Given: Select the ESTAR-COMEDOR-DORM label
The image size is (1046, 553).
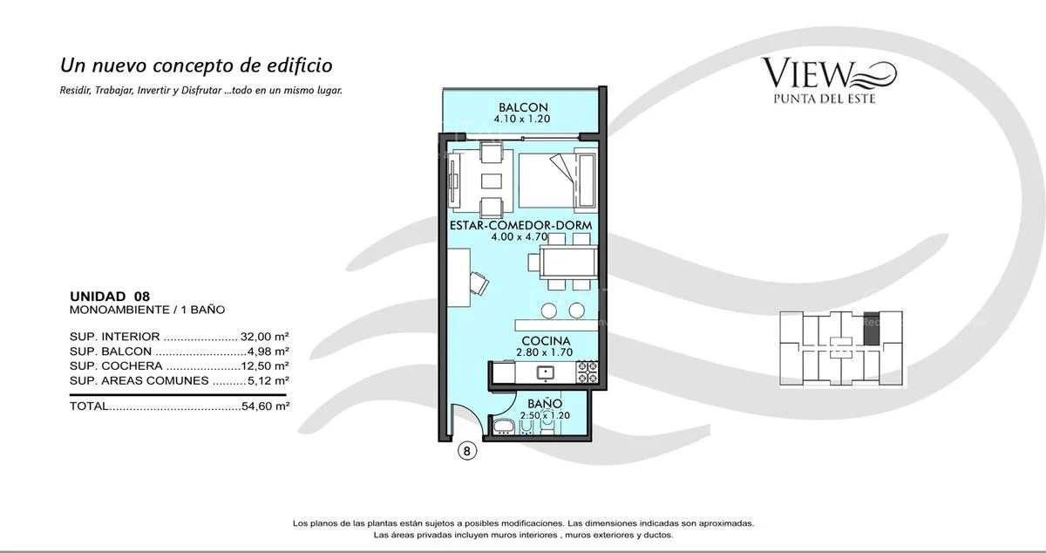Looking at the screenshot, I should pyautogui.click(x=520, y=224).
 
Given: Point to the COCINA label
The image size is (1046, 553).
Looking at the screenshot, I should pyautogui.click(x=546, y=340).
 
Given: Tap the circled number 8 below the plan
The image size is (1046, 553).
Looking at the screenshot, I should pyautogui.click(x=467, y=452).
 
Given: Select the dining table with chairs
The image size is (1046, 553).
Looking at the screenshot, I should pyautogui.click(x=567, y=261).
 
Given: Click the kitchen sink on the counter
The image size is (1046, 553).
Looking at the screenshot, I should pyautogui.click(x=546, y=372).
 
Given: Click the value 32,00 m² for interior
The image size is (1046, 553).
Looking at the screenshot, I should pyautogui.click(x=265, y=336).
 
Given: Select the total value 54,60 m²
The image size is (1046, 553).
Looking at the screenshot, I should pyautogui.click(x=265, y=406).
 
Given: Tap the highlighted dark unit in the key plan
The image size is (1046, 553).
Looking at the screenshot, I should pyautogui.click(x=870, y=327).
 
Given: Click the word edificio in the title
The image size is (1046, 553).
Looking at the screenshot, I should pyautogui.click(x=294, y=65).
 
